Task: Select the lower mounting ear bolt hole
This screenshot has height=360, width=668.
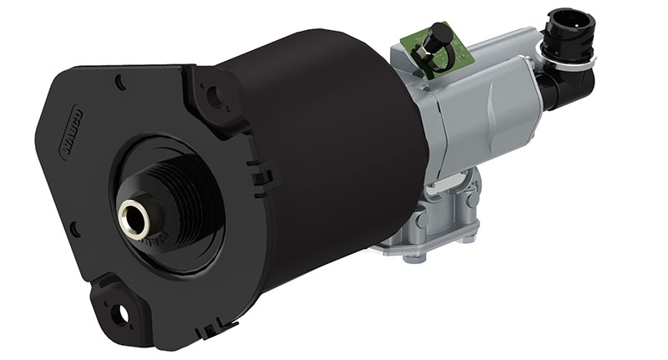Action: tap(124, 312)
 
